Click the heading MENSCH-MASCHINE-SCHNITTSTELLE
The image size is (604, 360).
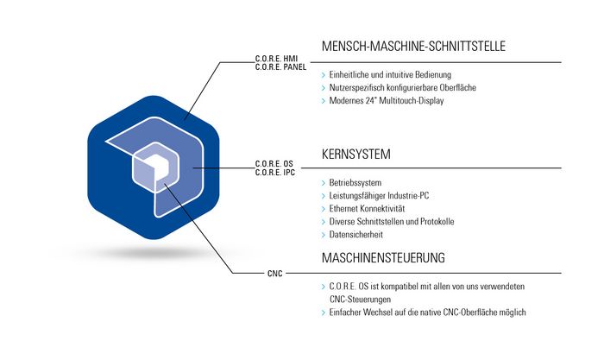click(413, 47)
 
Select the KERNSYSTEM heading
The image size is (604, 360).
click(355, 155)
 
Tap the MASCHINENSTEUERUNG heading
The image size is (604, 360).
click(383, 257)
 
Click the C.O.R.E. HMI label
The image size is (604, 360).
click(276, 59)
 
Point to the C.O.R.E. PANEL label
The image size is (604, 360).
click(280, 67)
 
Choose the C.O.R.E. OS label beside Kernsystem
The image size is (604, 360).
click(274, 164)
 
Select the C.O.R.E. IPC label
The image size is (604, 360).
click(275, 173)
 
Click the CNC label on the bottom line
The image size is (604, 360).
click(275, 274)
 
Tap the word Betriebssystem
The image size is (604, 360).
click(355, 183)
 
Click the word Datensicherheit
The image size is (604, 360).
click(355, 234)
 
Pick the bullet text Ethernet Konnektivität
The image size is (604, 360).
click(367, 209)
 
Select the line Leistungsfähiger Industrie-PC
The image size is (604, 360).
click(379, 196)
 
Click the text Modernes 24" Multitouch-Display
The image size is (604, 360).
click(387, 101)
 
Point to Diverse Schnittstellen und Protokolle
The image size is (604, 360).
click(392, 222)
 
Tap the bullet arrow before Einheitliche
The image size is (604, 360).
click(324, 75)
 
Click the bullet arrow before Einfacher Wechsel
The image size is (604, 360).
click(324, 313)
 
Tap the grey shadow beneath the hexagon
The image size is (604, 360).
click(154, 253)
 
